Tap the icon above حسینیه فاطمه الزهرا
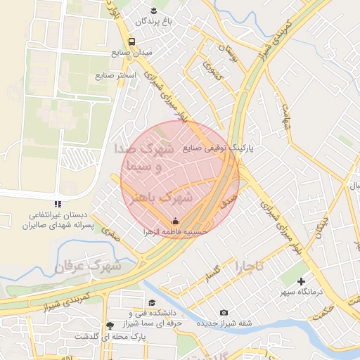pos(175,221)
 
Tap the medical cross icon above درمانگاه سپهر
pos(302,281)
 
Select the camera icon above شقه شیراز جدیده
pos(224,312)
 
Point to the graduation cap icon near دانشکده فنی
pos(152,303)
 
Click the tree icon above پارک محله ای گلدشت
pos(109,326)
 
